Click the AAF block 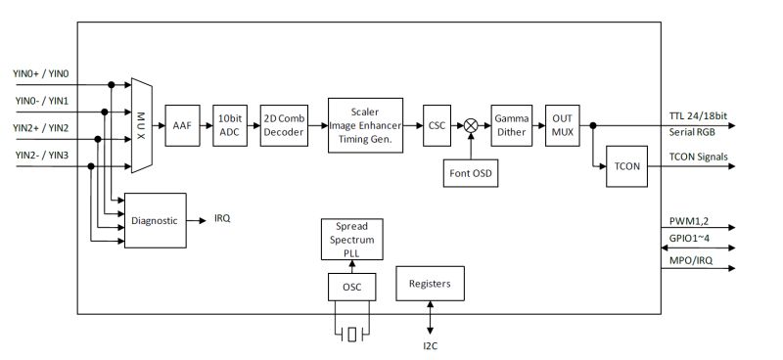(182, 125)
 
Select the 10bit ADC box (231, 125)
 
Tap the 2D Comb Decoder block (283, 125)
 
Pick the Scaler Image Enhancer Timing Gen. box (366, 124)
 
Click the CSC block (437, 125)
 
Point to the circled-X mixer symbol (471, 125)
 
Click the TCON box (628, 165)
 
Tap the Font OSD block (470, 175)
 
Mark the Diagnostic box (155, 220)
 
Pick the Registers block (430, 283)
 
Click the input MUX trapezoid (140, 125)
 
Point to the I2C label (431, 344)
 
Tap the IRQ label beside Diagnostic (222, 219)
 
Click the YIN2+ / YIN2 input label (41, 127)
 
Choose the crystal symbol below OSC (350, 335)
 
